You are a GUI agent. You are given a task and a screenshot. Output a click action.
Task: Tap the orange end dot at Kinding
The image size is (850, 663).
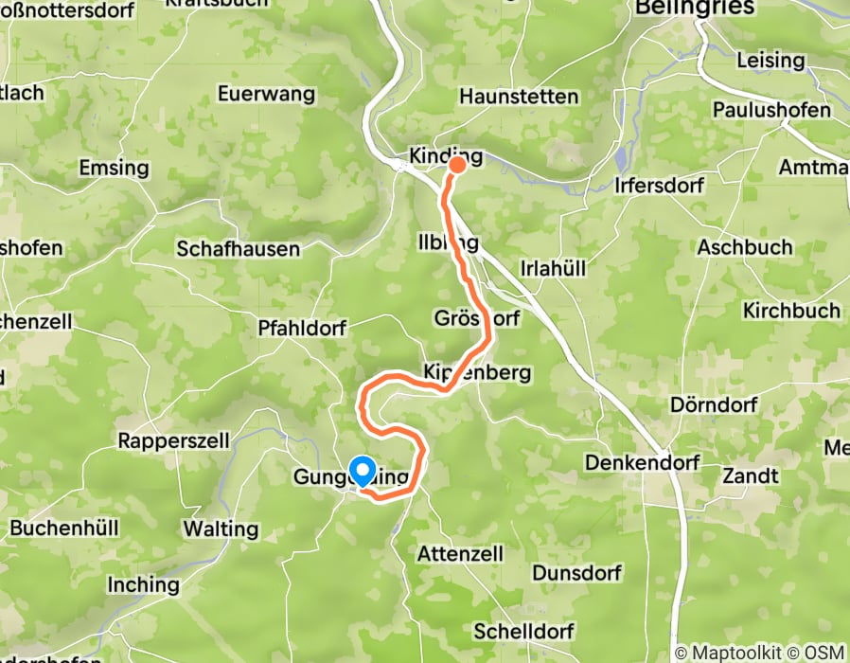457,165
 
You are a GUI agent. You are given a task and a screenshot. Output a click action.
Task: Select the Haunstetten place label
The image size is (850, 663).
519,97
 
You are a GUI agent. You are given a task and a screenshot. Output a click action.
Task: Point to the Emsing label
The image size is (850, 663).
115,168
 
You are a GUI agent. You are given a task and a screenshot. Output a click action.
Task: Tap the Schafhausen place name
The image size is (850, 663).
239,249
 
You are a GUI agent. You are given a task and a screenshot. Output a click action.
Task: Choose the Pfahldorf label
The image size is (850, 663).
303,328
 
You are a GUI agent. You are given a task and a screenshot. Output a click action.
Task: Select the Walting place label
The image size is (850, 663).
221,528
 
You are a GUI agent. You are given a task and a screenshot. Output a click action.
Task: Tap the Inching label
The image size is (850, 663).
143,584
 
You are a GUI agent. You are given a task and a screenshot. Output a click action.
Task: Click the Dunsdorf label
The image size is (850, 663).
576,573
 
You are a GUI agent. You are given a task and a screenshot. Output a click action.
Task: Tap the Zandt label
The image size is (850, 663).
751,475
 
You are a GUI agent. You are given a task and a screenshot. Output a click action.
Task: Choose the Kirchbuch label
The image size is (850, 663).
791,311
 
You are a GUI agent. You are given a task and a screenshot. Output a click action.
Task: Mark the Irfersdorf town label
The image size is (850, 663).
659,186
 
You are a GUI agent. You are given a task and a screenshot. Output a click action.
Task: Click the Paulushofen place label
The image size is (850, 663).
771,110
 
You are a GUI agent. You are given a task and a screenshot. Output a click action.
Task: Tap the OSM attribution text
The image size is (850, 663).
822,653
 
